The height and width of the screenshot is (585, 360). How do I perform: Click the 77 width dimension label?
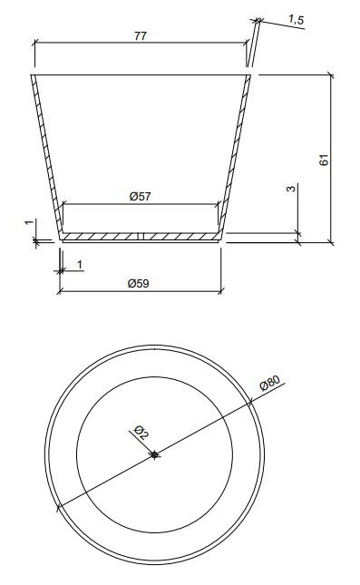(x=141, y=35)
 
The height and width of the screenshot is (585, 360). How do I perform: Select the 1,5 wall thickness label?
(x=297, y=20)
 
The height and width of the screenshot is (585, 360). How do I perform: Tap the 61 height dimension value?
(x=325, y=160)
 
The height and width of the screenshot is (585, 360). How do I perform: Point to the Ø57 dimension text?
(x=141, y=196)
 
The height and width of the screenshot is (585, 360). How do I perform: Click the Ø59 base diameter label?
(x=139, y=284)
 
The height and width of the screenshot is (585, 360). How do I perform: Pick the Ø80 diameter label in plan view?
(x=269, y=383)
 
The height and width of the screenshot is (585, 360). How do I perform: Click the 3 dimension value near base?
(x=290, y=189)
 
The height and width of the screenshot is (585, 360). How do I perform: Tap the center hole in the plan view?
(x=154, y=454)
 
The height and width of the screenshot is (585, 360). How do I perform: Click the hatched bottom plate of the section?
(x=141, y=237)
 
